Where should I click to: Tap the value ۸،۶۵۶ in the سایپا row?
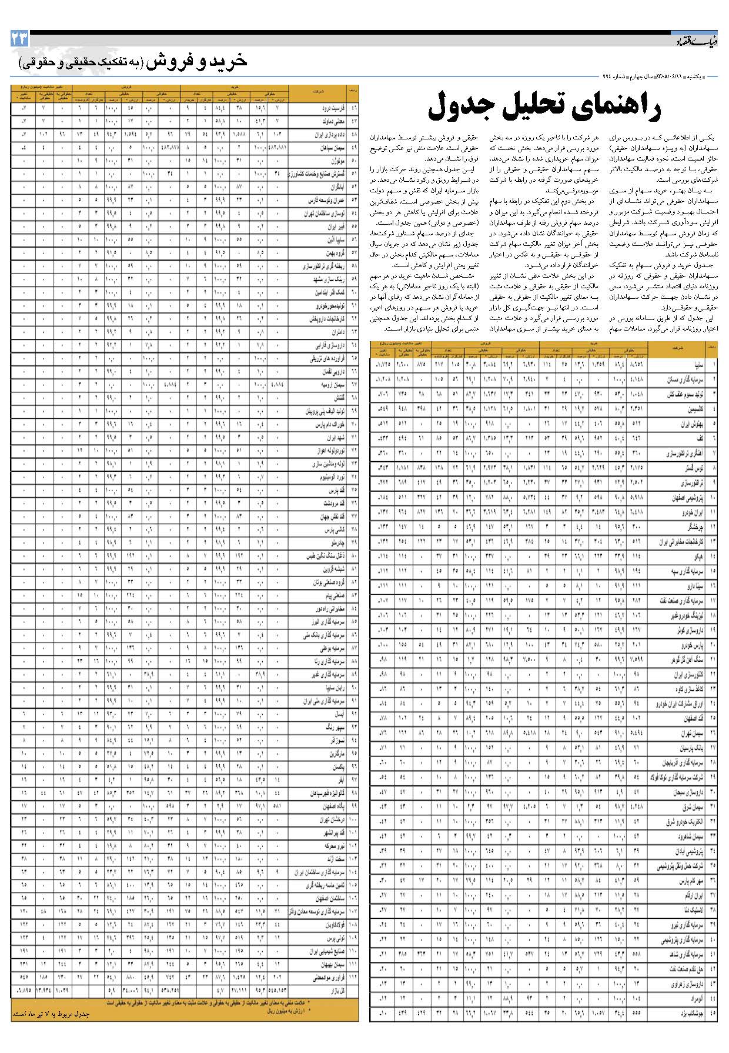click(636, 365)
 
